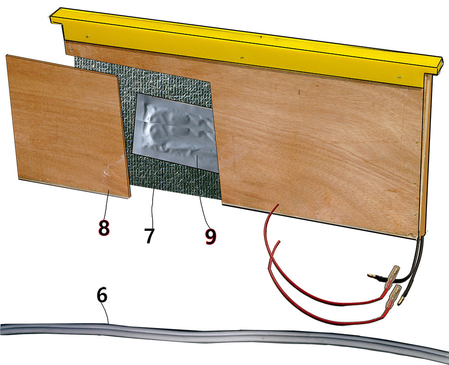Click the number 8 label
click(104, 228)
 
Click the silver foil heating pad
click(175, 133)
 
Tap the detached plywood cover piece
click(68, 126)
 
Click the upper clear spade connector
click(393, 276)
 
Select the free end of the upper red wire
click(278, 204)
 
